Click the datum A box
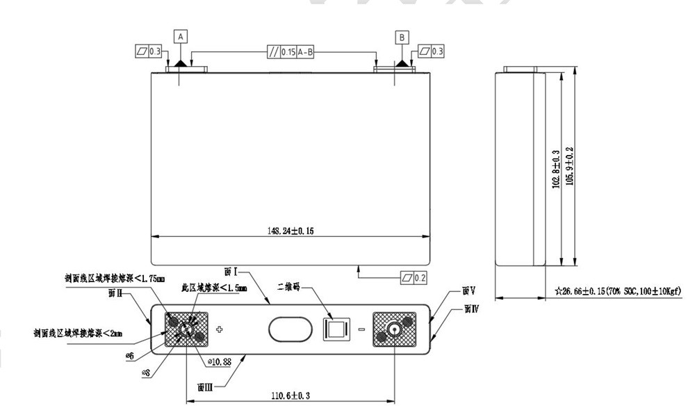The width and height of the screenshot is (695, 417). point(181,35)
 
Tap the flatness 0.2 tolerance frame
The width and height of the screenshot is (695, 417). point(414,277)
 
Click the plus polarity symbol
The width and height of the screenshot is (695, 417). point(220,329)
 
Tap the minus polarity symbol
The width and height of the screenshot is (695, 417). point(361,329)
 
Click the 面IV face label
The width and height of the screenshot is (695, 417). point(471,306)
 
